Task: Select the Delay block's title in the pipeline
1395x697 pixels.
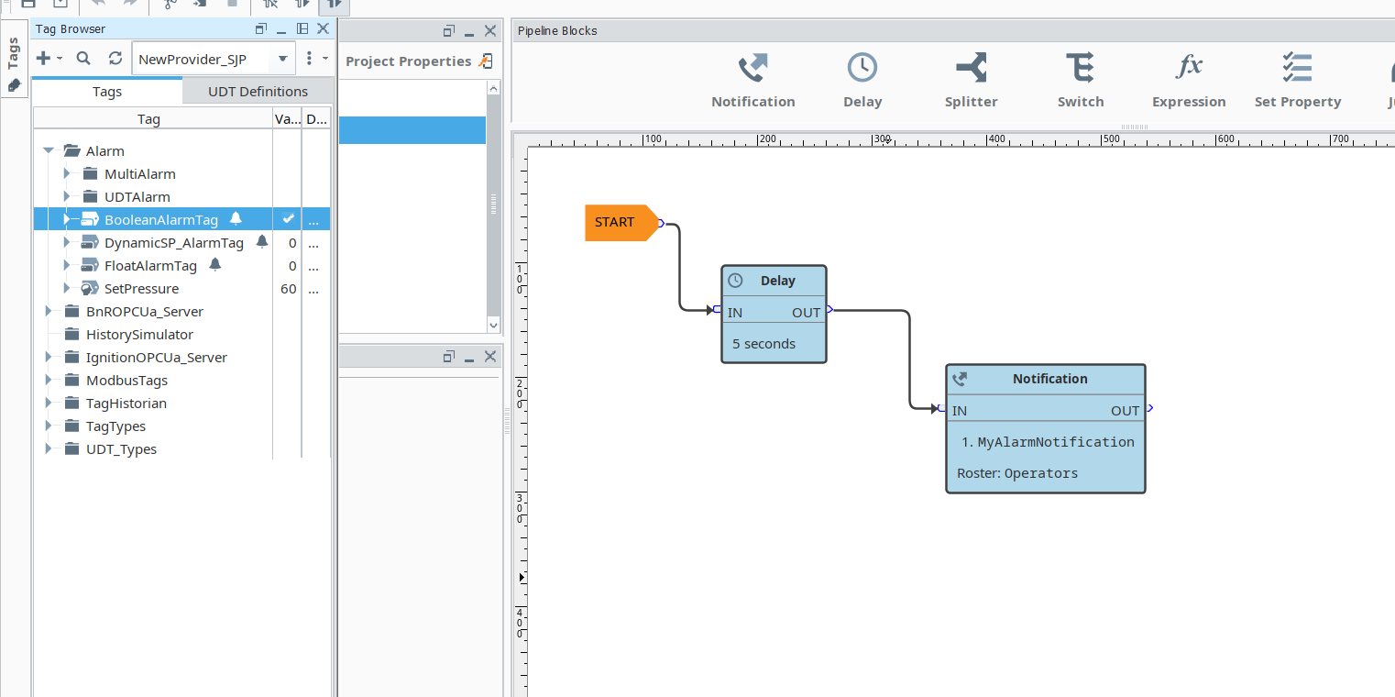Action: click(777, 281)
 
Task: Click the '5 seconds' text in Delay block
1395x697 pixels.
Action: click(763, 344)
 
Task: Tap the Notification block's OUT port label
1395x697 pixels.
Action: click(1125, 411)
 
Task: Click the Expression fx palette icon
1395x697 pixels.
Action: click(1189, 68)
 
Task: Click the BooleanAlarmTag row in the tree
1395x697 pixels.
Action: click(161, 219)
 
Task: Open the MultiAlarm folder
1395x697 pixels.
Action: click(139, 174)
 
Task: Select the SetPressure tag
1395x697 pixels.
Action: click(141, 289)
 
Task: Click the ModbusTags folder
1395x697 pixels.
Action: click(126, 381)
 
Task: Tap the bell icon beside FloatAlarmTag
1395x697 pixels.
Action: click(215, 265)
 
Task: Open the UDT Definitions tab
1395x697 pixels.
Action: click(258, 92)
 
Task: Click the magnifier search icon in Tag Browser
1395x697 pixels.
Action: click(83, 59)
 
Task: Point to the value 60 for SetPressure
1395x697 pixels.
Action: click(288, 289)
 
